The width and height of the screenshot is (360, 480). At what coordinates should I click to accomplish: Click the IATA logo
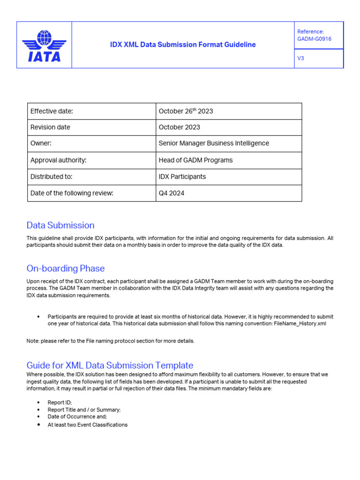(45, 45)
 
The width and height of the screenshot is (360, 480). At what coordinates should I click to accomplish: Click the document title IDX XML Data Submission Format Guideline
(183, 45)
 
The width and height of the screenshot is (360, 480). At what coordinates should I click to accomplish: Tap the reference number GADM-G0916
(314, 39)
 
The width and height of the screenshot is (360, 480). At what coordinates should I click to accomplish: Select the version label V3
(301, 59)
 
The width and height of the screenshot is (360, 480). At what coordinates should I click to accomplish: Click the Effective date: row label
(52, 111)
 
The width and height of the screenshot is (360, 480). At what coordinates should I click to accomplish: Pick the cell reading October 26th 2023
(186, 111)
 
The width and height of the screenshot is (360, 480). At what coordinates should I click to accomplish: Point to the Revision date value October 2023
(179, 127)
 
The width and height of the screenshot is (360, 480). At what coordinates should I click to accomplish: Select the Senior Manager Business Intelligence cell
(214, 143)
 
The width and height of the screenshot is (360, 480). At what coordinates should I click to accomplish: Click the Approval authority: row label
(59, 160)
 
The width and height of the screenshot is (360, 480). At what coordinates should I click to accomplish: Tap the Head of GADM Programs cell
(195, 160)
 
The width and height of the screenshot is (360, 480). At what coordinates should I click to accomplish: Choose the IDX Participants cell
(182, 177)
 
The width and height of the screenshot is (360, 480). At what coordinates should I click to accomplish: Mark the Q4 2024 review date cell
(171, 193)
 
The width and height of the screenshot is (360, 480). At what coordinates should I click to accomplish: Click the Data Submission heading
(60, 225)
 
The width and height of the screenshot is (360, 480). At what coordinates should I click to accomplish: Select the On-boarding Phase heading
(66, 269)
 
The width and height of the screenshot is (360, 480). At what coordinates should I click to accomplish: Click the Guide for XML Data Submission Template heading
(110, 365)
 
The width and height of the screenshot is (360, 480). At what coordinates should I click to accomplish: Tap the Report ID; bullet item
(60, 403)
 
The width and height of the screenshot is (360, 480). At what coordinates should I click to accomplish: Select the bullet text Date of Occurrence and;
(77, 416)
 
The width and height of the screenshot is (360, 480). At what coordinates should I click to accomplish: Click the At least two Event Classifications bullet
(87, 425)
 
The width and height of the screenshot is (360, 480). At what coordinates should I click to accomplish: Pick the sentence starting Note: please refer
(110, 341)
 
